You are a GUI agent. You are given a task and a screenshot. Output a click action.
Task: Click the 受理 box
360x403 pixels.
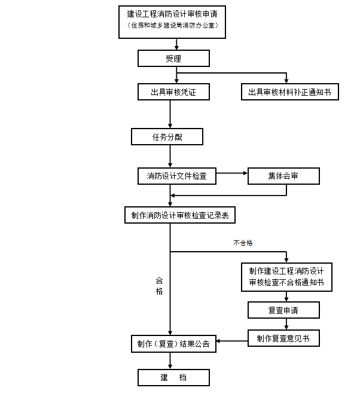[173, 59]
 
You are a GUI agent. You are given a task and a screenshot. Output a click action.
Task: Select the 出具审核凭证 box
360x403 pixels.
[173, 91]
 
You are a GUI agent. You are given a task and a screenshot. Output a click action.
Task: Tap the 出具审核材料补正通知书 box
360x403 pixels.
[290, 91]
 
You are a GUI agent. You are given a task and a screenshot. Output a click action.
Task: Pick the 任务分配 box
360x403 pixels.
[167, 137]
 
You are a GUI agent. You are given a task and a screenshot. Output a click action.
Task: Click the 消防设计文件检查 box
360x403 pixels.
[177, 176]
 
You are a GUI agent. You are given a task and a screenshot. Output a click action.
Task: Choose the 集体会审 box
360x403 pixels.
[283, 176]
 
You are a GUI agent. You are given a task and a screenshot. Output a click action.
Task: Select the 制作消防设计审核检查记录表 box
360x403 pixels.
[180, 215]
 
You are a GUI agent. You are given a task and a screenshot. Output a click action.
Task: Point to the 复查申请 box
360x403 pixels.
[283, 310]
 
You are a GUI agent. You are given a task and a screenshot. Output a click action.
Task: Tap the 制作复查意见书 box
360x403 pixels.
[283, 338]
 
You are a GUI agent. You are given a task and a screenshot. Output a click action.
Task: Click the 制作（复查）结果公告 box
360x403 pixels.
[173, 344]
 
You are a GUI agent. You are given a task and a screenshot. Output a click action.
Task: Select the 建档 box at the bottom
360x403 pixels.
[173, 377]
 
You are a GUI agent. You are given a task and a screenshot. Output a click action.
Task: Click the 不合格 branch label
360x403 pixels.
[243, 243]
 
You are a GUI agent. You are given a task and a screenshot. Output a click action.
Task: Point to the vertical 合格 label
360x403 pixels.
[159, 286]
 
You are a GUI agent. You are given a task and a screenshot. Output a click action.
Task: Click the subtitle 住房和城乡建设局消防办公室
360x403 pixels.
[173, 25]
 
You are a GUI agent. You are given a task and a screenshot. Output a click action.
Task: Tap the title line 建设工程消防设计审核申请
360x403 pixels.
[172, 14]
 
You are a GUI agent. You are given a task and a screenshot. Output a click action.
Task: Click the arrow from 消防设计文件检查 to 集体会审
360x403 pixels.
[232, 173]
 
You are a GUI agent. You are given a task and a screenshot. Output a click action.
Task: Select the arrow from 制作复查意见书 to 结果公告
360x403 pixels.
[232, 341]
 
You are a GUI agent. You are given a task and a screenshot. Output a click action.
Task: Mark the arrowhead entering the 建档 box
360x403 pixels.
[170, 367]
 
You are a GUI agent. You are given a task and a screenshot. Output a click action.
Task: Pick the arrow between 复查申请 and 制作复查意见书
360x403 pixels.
[286, 324]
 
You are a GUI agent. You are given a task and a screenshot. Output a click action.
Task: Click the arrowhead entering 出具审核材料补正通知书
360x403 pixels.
[286, 81]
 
